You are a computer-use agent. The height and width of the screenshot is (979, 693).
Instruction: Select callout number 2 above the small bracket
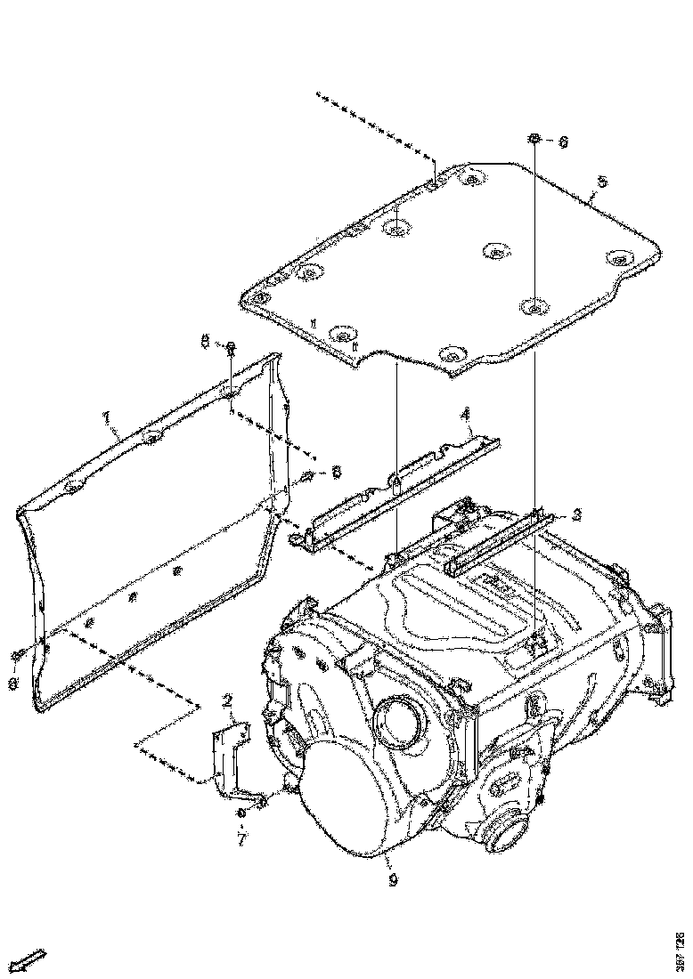(227, 703)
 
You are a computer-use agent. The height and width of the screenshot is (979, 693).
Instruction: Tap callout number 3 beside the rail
(577, 514)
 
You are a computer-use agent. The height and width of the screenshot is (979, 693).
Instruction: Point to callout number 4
(464, 414)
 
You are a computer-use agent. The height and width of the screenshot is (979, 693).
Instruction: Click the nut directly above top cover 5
(534, 139)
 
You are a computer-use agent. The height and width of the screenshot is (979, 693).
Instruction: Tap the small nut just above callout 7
(241, 813)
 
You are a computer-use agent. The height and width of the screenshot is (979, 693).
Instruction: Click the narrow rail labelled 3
(499, 543)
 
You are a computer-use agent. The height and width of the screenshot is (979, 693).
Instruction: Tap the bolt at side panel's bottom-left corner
(19, 656)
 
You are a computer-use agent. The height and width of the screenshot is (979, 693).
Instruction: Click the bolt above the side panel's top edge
(230, 346)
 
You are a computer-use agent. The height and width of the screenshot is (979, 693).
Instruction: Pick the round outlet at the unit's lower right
(508, 835)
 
